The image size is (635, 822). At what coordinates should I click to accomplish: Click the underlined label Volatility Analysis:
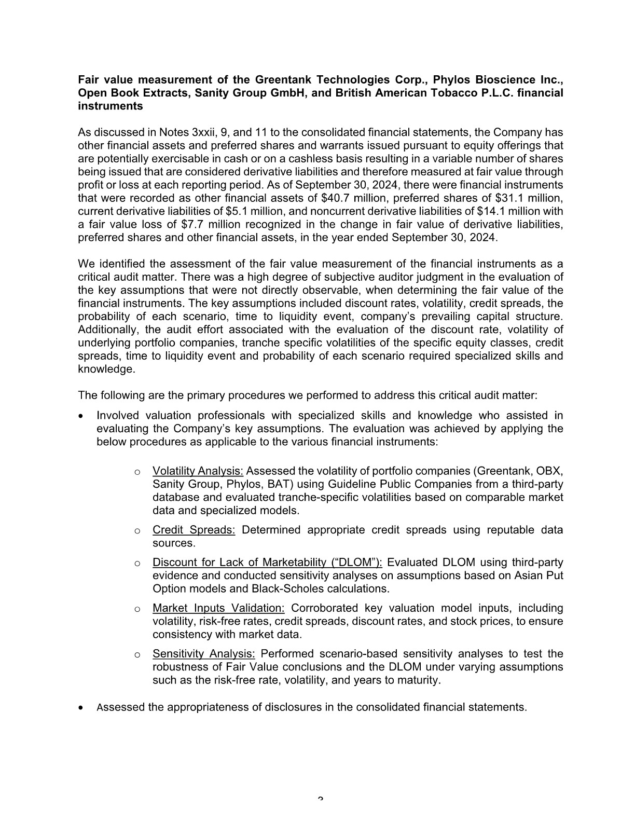pos(198,471)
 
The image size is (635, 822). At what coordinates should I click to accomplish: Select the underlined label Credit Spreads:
pos(194,530)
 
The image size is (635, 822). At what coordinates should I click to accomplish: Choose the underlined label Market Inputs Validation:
pos(218,608)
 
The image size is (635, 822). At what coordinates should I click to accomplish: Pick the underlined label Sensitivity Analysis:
pos(203,654)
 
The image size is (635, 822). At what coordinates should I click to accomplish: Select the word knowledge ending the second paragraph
pos(106,369)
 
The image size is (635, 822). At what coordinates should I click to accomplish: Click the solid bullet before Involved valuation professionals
pos(80,416)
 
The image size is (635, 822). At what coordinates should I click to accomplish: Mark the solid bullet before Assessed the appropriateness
pos(80,708)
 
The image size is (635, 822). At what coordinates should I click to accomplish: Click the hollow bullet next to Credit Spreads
pos(137,531)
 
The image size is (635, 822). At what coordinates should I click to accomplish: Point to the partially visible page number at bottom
pos(320,798)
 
